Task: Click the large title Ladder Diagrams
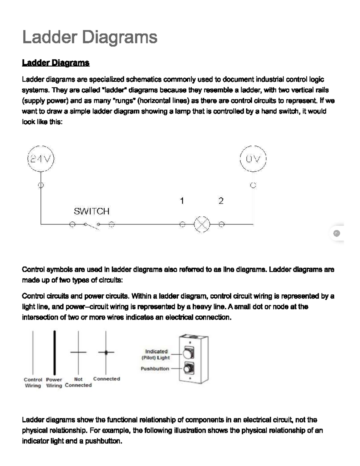click(x=90, y=37)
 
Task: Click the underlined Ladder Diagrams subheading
click(x=56, y=63)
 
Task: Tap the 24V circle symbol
click(x=41, y=159)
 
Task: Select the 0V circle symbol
click(x=253, y=159)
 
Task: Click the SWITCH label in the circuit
click(x=91, y=211)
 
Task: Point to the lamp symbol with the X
click(x=202, y=224)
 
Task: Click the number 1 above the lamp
click(x=182, y=201)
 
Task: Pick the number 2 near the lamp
click(x=221, y=201)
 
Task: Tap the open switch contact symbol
click(x=91, y=225)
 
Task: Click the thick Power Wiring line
click(x=54, y=353)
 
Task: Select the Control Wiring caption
click(x=33, y=383)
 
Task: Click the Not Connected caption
click(x=78, y=382)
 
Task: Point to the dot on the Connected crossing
click(x=106, y=352)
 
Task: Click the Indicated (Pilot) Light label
click(x=156, y=354)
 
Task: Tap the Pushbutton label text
click(x=155, y=368)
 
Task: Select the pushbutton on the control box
click(x=188, y=368)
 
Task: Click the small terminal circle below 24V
click(x=41, y=185)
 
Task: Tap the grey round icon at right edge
click(x=337, y=233)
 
